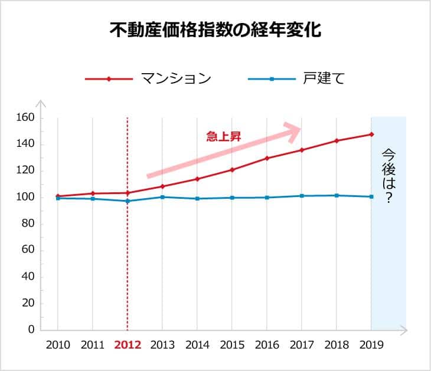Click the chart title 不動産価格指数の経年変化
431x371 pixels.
[x=215, y=31]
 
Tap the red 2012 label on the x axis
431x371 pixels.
[x=128, y=346]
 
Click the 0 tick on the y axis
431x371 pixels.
[x=31, y=330]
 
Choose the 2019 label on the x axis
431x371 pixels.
[x=371, y=346]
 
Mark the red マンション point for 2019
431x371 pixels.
[x=371, y=134]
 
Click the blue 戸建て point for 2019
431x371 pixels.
[x=371, y=196]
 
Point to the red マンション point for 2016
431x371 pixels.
[x=267, y=158]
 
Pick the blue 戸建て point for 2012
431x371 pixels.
[x=128, y=201]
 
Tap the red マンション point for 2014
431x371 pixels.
[x=197, y=179]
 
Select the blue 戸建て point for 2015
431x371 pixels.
[x=232, y=198]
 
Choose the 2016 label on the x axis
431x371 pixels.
[x=267, y=346]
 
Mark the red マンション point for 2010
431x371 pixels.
[x=58, y=196]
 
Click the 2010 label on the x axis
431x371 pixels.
[x=58, y=346]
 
